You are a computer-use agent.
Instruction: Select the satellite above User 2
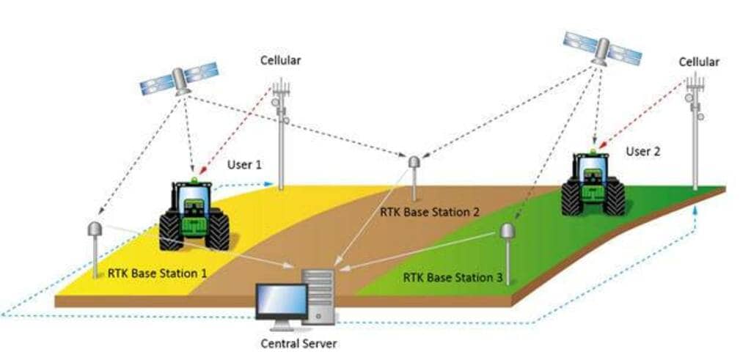coord(601,49)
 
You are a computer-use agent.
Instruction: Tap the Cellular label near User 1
coord(281,60)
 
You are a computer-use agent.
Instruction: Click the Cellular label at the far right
coord(698,62)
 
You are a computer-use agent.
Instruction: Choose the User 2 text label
coord(643,151)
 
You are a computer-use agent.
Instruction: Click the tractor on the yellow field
coord(194,214)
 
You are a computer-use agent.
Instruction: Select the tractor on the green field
coord(593,184)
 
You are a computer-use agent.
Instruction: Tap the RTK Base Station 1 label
coord(157,273)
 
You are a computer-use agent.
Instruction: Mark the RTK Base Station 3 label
coord(453,278)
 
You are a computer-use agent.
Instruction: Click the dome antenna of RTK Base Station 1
coord(95,229)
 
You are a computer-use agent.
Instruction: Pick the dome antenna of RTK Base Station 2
coord(414,161)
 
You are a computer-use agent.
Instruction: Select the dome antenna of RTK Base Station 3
coord(508,231)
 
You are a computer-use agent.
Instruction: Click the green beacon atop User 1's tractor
coord(194,180)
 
